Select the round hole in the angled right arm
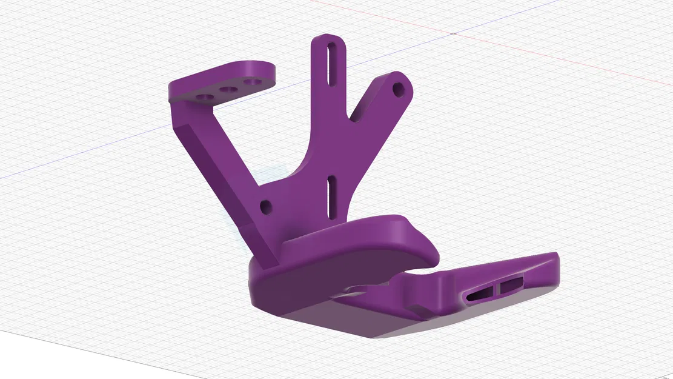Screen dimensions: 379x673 coord(399,89)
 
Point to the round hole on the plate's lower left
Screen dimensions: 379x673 coord(265,207)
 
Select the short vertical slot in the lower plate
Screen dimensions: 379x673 coord(331,196)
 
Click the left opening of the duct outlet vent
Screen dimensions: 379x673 coord(482,292)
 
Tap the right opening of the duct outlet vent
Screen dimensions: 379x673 coord(512,281)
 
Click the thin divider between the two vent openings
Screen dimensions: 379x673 coord(499,286)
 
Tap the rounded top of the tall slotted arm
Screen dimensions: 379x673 coord(328,40)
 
